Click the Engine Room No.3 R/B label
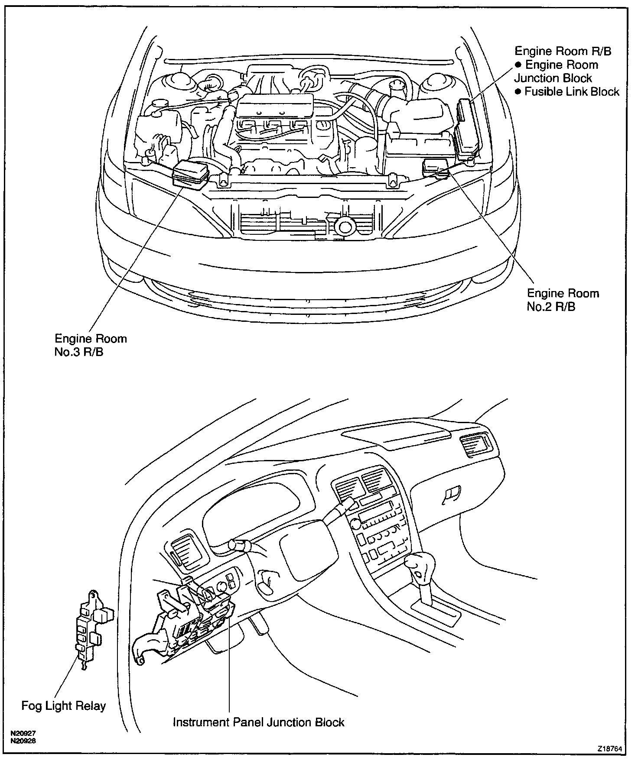[91, 345]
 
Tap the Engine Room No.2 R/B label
[563, 300]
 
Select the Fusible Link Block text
[571, 92]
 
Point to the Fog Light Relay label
[64, 706]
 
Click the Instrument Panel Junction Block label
[258, 722]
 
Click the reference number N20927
[23, 734]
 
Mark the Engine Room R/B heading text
[563, 51]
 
